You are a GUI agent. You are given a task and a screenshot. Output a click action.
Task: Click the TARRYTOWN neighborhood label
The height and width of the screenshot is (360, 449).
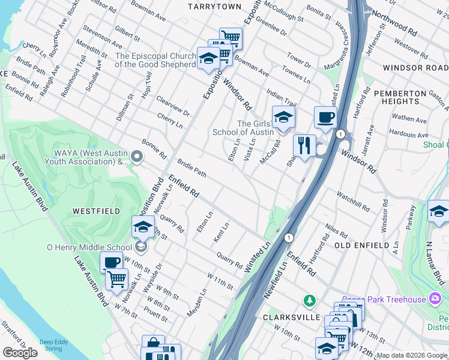[214, 7]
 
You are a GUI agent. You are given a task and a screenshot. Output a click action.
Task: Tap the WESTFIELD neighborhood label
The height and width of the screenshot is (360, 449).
[96, 211]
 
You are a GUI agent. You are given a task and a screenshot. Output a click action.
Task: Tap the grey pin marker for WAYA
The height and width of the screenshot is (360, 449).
[137, 157]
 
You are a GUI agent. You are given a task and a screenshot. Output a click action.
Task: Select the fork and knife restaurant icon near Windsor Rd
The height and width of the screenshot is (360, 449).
[304, 145]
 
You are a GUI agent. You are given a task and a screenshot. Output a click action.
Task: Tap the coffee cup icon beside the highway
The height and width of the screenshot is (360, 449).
[325, 117]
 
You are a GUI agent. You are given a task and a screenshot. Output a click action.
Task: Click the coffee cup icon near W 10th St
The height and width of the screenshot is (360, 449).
[111, 262]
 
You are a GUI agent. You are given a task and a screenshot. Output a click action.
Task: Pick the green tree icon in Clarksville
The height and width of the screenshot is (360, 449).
[309, 299]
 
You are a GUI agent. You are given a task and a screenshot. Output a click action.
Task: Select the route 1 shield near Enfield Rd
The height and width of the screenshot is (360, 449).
[289, 238]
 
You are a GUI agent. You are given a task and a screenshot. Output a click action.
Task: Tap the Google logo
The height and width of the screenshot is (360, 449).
[20, 353]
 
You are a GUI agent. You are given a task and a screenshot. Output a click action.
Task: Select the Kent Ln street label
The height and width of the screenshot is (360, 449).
[221, 232]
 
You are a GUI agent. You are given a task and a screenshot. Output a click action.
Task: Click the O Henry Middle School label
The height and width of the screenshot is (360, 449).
[89, 247]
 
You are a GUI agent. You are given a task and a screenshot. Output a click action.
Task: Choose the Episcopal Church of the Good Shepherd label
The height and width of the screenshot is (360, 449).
[155, 60]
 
